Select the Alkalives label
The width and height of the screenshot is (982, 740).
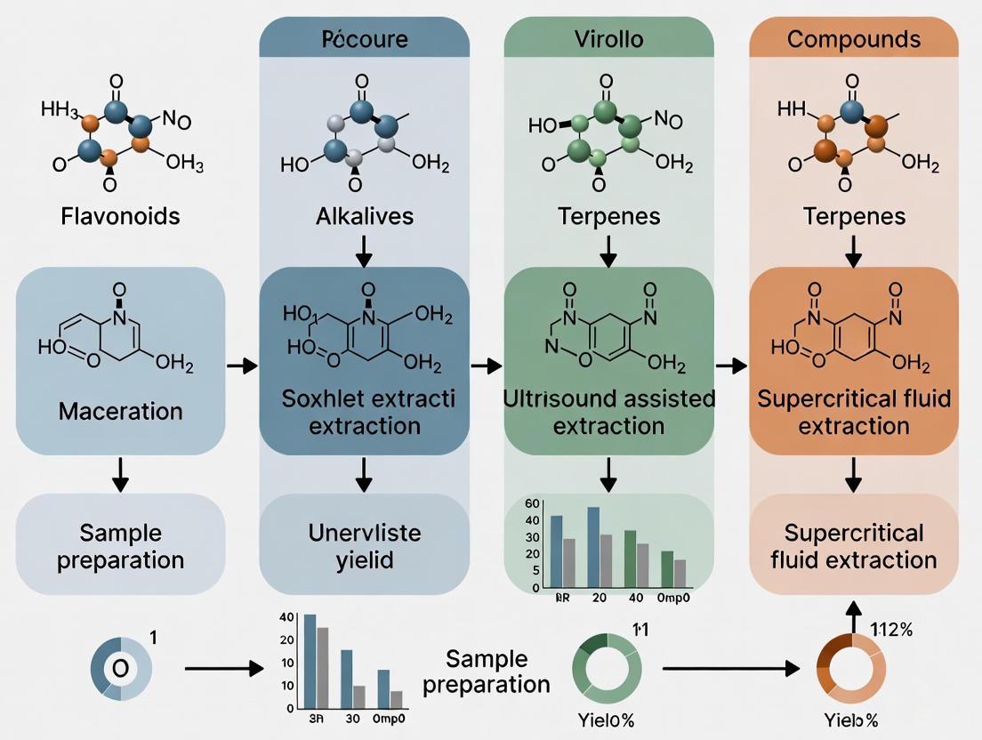click(363, 216)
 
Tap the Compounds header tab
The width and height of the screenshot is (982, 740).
click(854, 40)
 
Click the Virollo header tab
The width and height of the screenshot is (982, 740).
click(608, 40)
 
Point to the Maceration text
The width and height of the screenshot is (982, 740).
click(120, 411)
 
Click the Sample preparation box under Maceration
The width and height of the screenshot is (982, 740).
click(120, 545)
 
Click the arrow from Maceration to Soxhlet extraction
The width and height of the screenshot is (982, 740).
click(241, 366)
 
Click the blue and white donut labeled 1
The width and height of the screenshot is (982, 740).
click(121, 667)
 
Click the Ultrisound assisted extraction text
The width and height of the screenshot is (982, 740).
click(608, 412)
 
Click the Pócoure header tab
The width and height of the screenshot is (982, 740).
click(365, 40)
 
